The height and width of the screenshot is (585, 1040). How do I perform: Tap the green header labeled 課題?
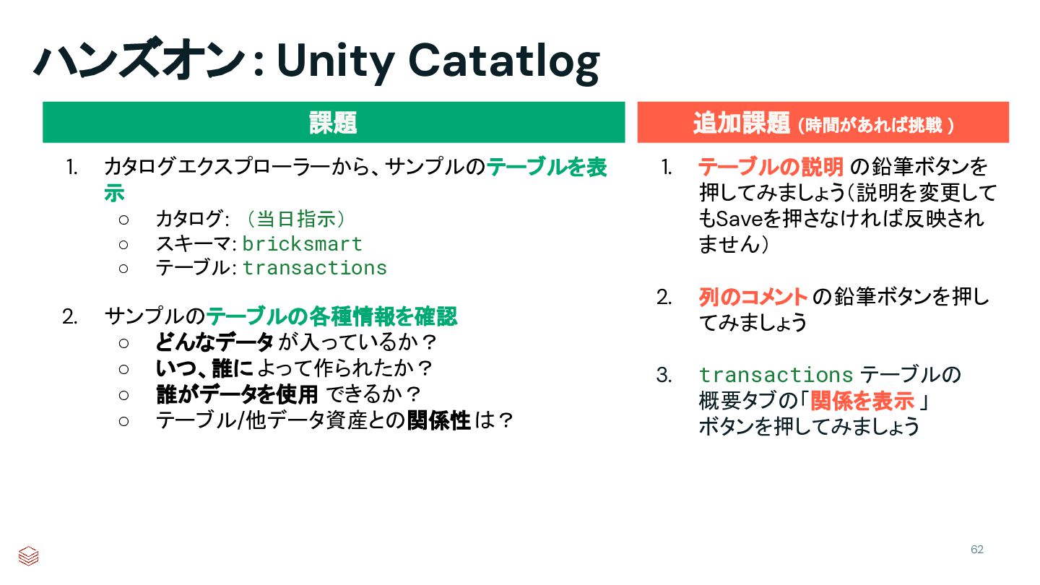click(x=334, y=122)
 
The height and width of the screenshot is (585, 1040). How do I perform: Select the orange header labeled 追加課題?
click(x=823, y=122)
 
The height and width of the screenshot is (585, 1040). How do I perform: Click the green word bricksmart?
click(x=302, y=244)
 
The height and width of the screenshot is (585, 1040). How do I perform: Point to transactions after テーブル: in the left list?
click(x=315, y=268)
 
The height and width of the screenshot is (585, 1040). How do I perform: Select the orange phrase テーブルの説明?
click(x=771, y=167)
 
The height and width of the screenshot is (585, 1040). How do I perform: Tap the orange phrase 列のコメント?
click(x=753, y=297)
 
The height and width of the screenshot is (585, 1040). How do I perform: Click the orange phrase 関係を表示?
click(x=862, y=401)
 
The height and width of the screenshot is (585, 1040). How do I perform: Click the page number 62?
click(x=977, y=549)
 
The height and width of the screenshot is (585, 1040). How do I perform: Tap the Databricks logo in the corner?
click(x=28, y=556)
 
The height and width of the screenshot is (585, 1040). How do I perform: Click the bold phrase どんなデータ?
click(x=214, y=342)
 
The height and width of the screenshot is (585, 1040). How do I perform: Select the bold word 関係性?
click(x=439, y=420)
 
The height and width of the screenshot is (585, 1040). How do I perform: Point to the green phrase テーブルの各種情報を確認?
click(x=331, y=316)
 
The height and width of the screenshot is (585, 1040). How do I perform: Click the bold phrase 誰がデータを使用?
click(x=237, y=394)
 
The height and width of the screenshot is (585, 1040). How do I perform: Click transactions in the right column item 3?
click(x=776, y=375)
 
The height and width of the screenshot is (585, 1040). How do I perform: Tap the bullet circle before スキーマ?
click(x=123, y=245)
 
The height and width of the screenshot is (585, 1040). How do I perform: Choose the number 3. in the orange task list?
click(x=664, y=375)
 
